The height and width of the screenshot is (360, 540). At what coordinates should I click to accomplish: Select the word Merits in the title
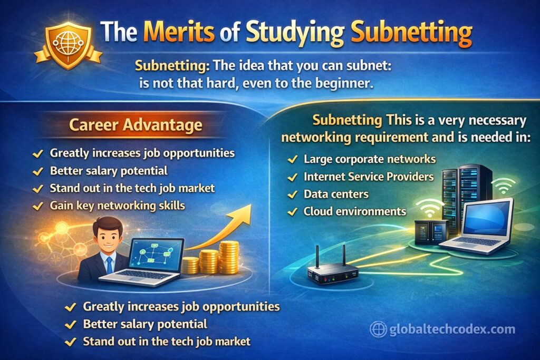tap(179, 32)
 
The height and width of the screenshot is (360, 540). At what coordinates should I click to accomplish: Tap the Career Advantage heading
tap(136, 124)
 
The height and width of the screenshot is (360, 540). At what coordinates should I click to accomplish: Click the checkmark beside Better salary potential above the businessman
tap(37, 171)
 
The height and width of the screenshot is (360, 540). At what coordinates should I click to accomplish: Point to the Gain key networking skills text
tap(118, 206)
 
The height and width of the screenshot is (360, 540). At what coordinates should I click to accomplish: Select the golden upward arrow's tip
tap(250, 205)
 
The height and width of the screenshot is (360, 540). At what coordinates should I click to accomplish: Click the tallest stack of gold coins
tap(229, 257)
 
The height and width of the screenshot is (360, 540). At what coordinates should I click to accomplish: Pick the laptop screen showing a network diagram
tap(156, 255)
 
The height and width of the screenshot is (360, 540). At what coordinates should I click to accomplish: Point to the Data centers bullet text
tap(336, 194)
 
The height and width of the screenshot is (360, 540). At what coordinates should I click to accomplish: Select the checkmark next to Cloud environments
tap(292, 211)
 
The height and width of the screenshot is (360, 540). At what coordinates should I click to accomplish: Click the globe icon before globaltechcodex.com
tap(378, 329)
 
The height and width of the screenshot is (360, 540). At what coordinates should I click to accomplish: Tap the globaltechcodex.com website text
tap(452, 329)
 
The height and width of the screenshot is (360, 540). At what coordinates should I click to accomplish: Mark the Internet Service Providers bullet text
tap(369, 177)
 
